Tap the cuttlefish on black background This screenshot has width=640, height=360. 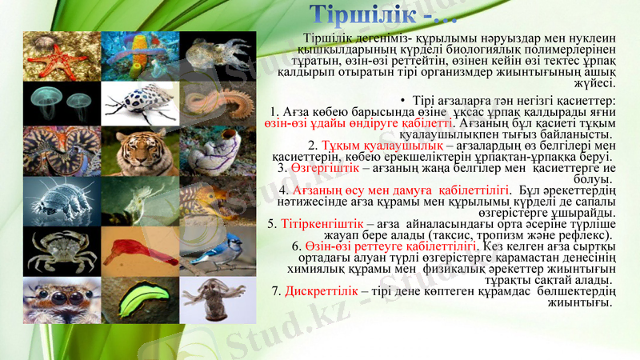tap(217, 55)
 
